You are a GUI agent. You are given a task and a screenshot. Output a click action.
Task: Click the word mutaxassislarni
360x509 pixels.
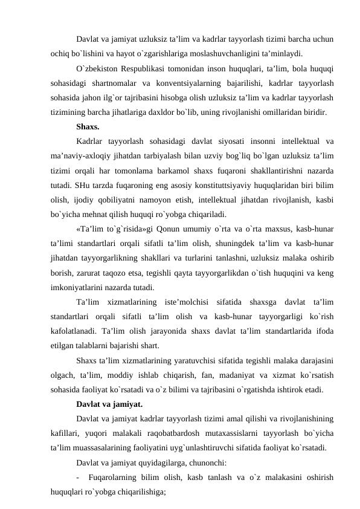(248, 433)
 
